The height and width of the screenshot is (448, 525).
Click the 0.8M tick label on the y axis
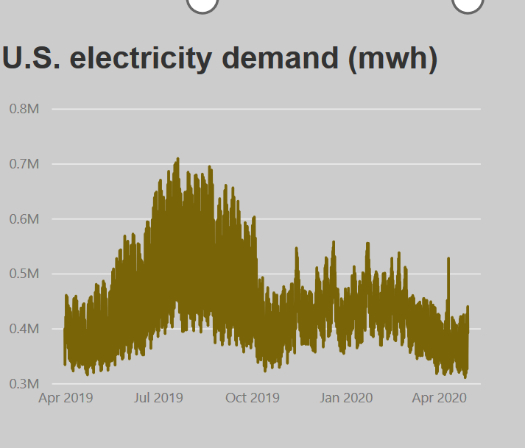[x=24, y=109]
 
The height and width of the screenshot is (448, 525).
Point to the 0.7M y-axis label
[x=24, y=164]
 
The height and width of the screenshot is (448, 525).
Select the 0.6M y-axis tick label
[x=24, y=219]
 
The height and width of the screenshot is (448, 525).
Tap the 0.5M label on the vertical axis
[x=24, y=274]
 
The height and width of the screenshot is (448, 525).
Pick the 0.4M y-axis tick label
[x=24, y=329]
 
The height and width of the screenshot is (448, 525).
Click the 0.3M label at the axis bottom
[x=24, y=384]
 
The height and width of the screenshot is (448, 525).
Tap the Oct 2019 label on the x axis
[x=253, y=398]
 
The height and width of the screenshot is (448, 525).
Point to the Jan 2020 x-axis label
[x=346, y=398]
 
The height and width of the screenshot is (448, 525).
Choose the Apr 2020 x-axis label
[x=440, y=398]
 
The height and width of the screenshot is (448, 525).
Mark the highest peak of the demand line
[x=177, y=159]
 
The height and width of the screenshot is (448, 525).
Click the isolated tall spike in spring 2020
[x=448, y=259]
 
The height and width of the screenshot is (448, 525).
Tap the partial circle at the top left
[x=202, y=4]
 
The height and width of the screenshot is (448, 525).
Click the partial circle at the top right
[x=467, y=4]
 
